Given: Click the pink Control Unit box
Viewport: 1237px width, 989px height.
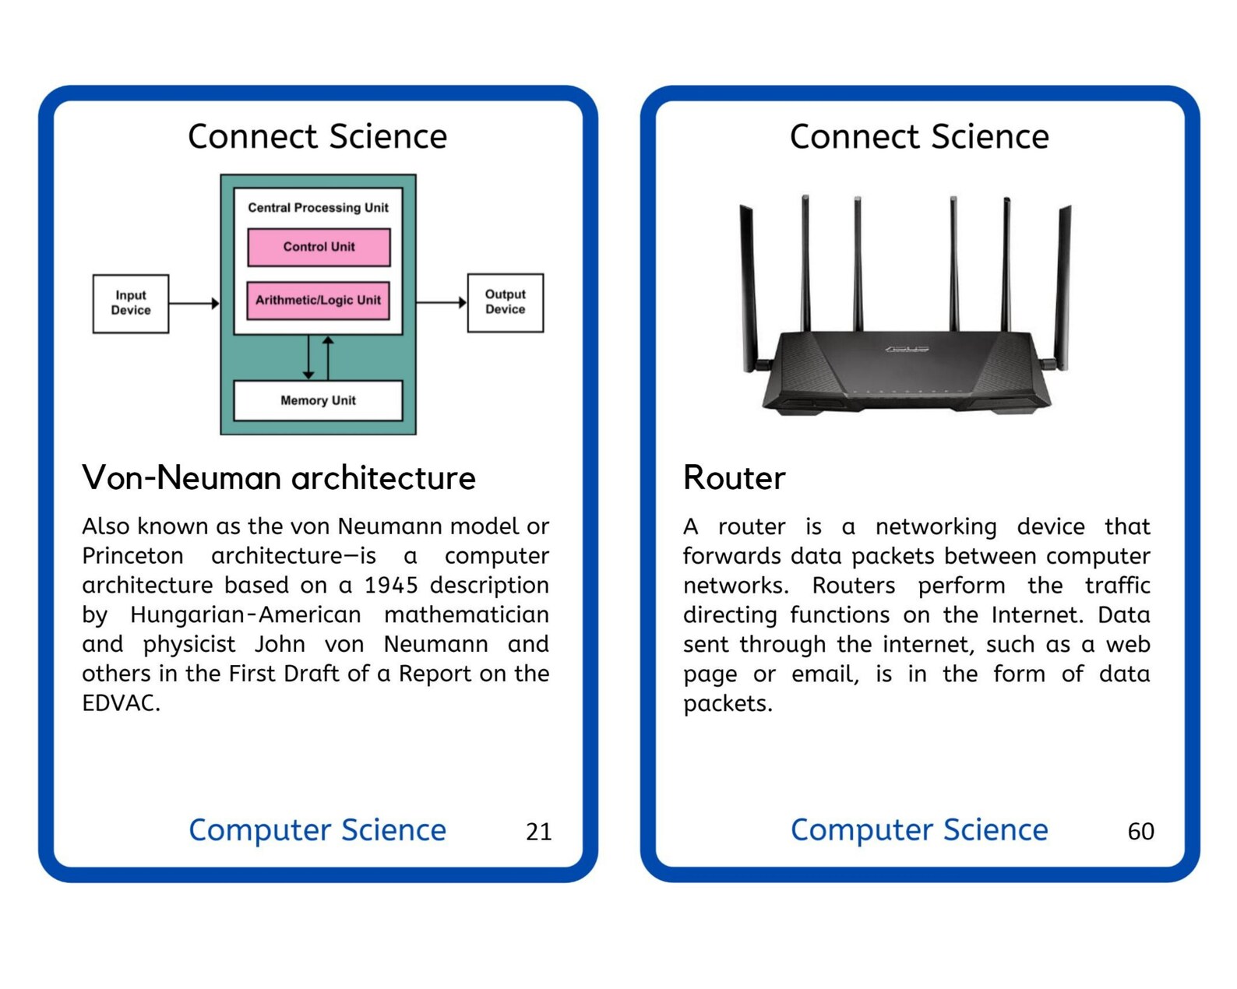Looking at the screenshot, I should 319,247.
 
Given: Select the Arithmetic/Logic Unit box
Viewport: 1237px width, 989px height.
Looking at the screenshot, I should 318,300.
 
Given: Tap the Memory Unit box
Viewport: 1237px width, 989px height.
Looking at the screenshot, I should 318,400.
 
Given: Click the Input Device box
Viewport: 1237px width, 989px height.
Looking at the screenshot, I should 131,303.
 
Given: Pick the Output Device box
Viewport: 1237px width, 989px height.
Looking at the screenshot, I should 505,302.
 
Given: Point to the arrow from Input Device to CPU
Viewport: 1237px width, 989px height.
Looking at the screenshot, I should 194,303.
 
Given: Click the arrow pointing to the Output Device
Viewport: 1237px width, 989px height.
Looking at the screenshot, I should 441,302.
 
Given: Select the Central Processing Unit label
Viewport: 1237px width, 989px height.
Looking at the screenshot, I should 318,208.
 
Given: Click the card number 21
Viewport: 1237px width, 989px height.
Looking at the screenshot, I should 538,832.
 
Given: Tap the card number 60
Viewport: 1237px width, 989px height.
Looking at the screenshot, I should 1140,832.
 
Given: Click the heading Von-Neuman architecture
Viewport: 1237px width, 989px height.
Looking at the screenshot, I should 279,477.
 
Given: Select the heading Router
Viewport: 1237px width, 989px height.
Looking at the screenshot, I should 734,477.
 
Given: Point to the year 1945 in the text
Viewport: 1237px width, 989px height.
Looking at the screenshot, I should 391,585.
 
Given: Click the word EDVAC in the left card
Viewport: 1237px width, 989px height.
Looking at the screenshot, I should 121,703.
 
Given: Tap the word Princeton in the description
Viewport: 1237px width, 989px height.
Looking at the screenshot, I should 132,556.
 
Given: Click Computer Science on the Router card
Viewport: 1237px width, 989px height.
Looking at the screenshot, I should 919,830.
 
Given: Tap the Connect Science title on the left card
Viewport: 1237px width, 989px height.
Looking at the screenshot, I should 318,136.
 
